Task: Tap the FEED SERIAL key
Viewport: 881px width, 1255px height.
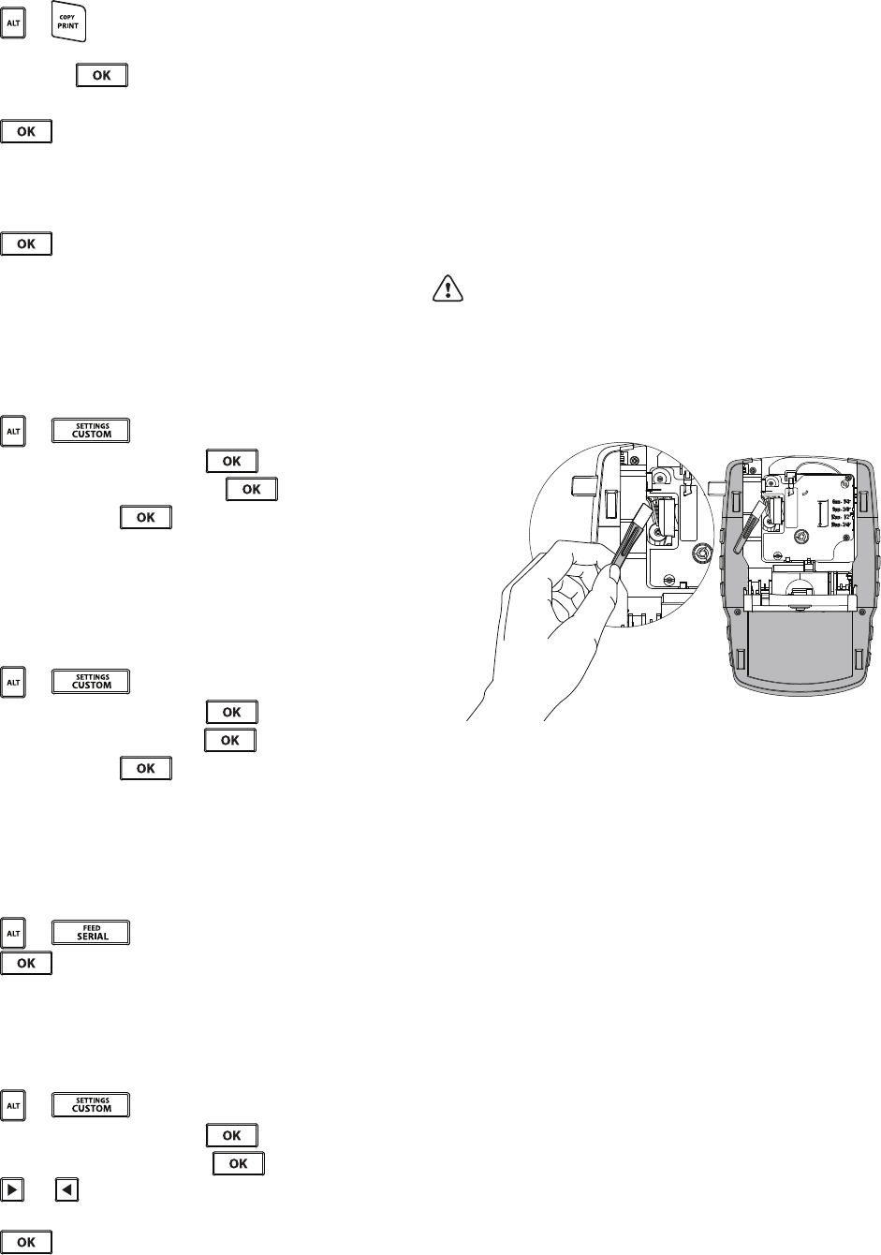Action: coord(90,932)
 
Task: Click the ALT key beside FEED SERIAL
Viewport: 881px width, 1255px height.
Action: coord(13,932)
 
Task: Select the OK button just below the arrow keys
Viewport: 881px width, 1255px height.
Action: coord(26,1242)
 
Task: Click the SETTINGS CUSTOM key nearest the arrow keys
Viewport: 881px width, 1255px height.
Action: coord(90,1104)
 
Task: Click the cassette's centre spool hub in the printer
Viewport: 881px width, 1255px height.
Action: coord(802,538)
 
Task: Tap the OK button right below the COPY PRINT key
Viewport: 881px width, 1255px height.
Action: coord(101,75)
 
